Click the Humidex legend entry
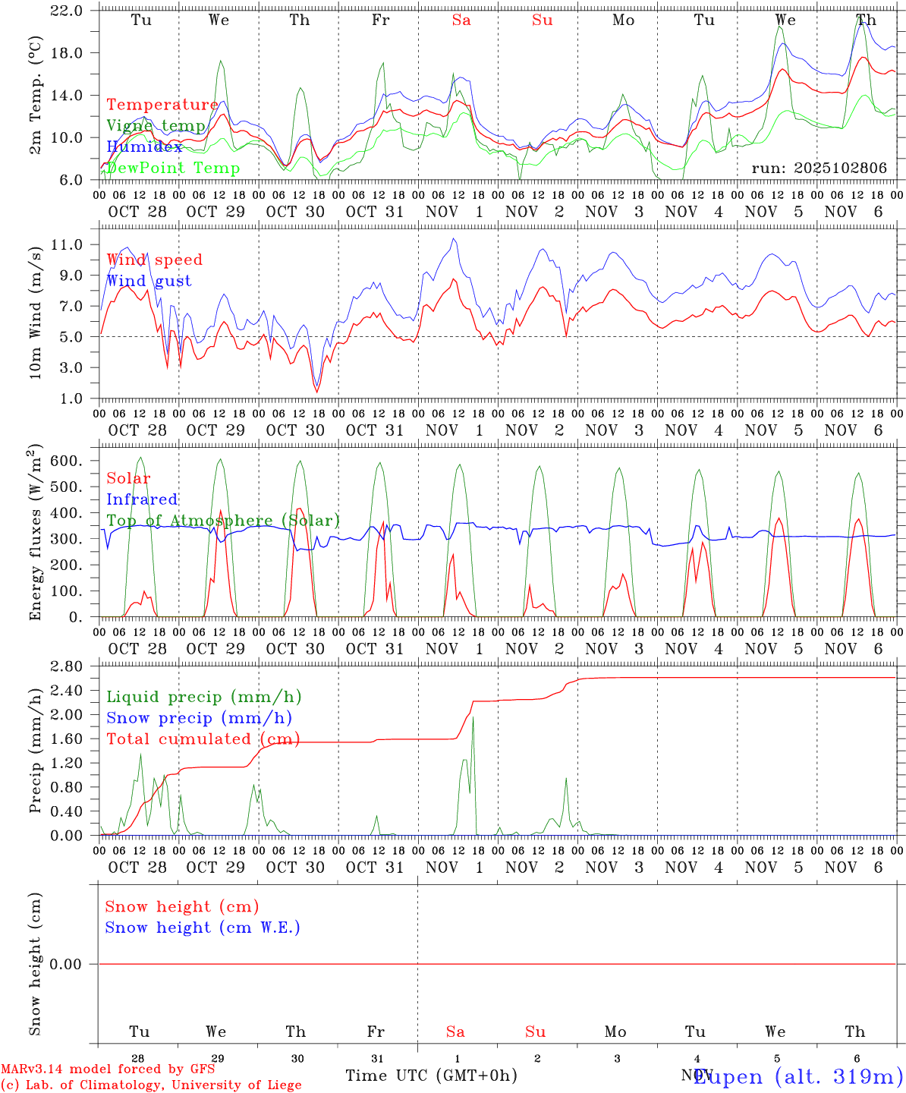pyautogui.click(x=144, y=147)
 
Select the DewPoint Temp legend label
pyautogui.click(x=173, y=169)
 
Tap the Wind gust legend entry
pyautogui.click(x=149, y=281)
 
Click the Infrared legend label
pyautogui.click(x=142, y=499)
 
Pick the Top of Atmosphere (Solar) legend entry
pyautogui.click(x=222, y=521)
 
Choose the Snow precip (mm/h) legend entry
pyautogui.click(x=199, y=718)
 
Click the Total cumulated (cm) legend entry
pyautogui.click(x=203, y=739)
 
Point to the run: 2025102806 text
pyautogui.click(x=819, y=169)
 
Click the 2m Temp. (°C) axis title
pyautogui.click(x=36, y=96)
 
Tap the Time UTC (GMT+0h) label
pyautogui.click(x=431, y=1076)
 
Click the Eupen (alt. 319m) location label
pyautogui.click(x=798, y=1076)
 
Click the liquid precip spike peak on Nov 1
pyautogui.click(x=473, y=717)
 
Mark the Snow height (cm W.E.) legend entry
pyautogui.click(x=203, y=928)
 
